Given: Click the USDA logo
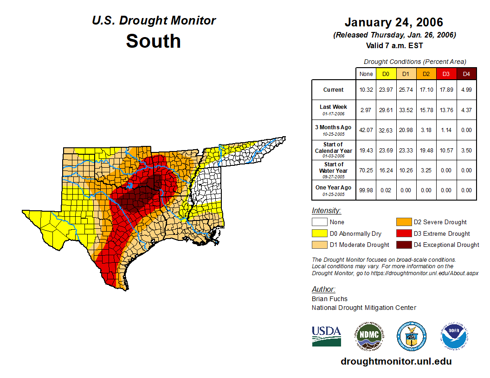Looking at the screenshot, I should point(326,336).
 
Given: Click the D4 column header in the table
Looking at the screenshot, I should point(466,74).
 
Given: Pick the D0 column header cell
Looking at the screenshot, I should point(386,74).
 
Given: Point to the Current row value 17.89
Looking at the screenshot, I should point(446,90).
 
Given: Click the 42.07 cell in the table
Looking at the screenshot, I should point(366,130).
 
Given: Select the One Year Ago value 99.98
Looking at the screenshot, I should point(366,190).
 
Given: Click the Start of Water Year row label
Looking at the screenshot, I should point(334,170).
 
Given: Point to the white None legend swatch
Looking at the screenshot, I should point(319,222).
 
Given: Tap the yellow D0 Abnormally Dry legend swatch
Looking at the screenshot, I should point(319,233).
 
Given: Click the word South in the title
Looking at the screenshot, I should point(153,41).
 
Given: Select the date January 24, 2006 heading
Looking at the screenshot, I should point(394,22).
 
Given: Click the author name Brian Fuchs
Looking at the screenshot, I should point(329,299).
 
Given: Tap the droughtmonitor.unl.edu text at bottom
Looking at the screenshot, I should point(396,361).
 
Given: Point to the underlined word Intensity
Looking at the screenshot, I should point(326,210).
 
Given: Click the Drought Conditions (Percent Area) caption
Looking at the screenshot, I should point(415,62).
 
